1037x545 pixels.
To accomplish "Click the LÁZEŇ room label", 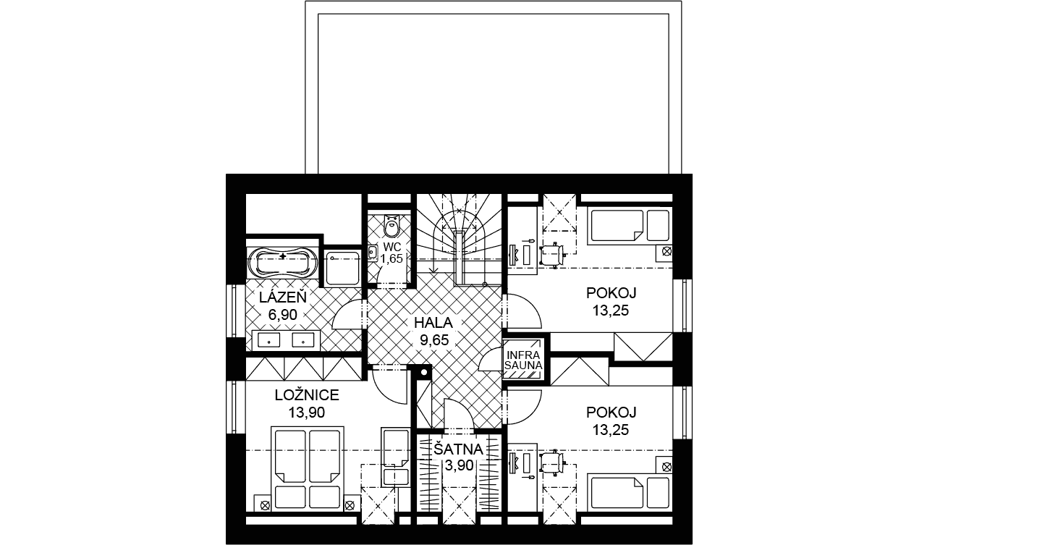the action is pyautogui.click(x=283, y=297).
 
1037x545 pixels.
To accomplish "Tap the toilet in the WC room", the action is pyautogui.click(x=391, y=226).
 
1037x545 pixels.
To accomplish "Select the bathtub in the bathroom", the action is pyautogui.click(x=284, y=263).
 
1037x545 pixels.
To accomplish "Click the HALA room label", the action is pyautogui.click(x=433, y=322).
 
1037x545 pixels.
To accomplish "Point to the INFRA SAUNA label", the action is pyautogui.click(x=524, y=360).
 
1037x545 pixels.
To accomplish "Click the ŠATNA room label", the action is pyautogui.click(x=458, y=449).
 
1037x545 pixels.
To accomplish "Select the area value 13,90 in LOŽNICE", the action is pyautogui.click(x=307, y=412).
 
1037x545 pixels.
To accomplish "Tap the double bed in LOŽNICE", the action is pyautogui.click(x=308, y=468).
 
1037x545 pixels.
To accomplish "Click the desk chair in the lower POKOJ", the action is pyautogui.click(x=552, y=462).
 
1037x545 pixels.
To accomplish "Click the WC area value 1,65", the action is pyautogui.click(x=391, y=258).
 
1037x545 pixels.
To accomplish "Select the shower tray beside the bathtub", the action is pyautogui.click(x=342, y=268).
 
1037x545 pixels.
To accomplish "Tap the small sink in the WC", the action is pyautogui.click(x=373, y=253).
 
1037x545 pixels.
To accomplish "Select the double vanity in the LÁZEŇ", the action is pyautogui.click(x=286, y=340).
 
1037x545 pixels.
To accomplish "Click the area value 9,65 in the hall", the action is pyautogui.click(x=434, y=340).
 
